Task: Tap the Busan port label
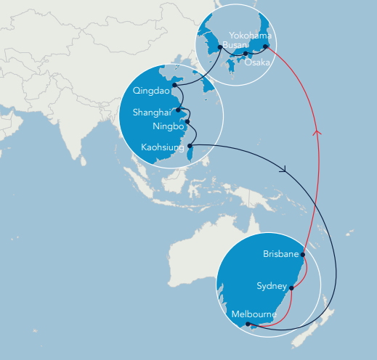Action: click(235, 45)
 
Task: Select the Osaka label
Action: click(257, 62)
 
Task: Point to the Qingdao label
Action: click(150, 91)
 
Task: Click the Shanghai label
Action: click(151, 112)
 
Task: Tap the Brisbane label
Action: click(280, 254)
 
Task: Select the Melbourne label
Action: click(254, 314)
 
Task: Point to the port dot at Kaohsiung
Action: click(190, 146)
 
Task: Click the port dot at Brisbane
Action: click(303, 255)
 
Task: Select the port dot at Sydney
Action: click(291, 287)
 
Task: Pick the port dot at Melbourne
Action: click(249, 326)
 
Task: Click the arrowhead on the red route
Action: click(316, 132)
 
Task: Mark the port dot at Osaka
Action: click(246, 54)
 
